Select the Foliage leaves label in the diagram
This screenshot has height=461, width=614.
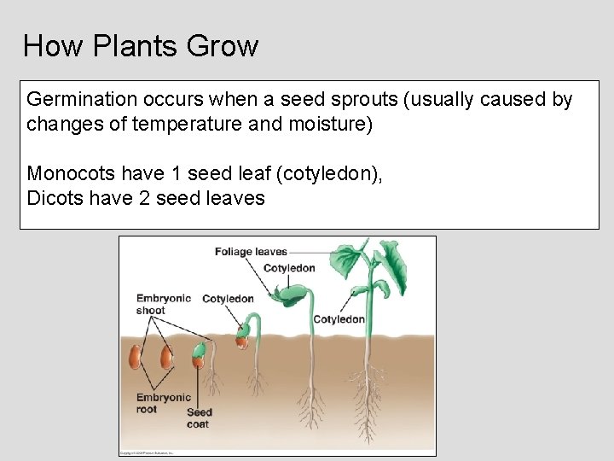(x=251, y=252)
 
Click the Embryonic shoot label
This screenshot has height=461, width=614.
(x=163, y=304)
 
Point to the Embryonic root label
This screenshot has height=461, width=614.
(x=163, y=403)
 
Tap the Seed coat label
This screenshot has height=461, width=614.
(x=199, y=417)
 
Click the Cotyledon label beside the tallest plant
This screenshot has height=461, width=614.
(x=339, y=319)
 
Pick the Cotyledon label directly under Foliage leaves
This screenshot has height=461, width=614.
(x=289, y=268)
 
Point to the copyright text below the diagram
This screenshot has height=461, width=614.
(x=147, y=452)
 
